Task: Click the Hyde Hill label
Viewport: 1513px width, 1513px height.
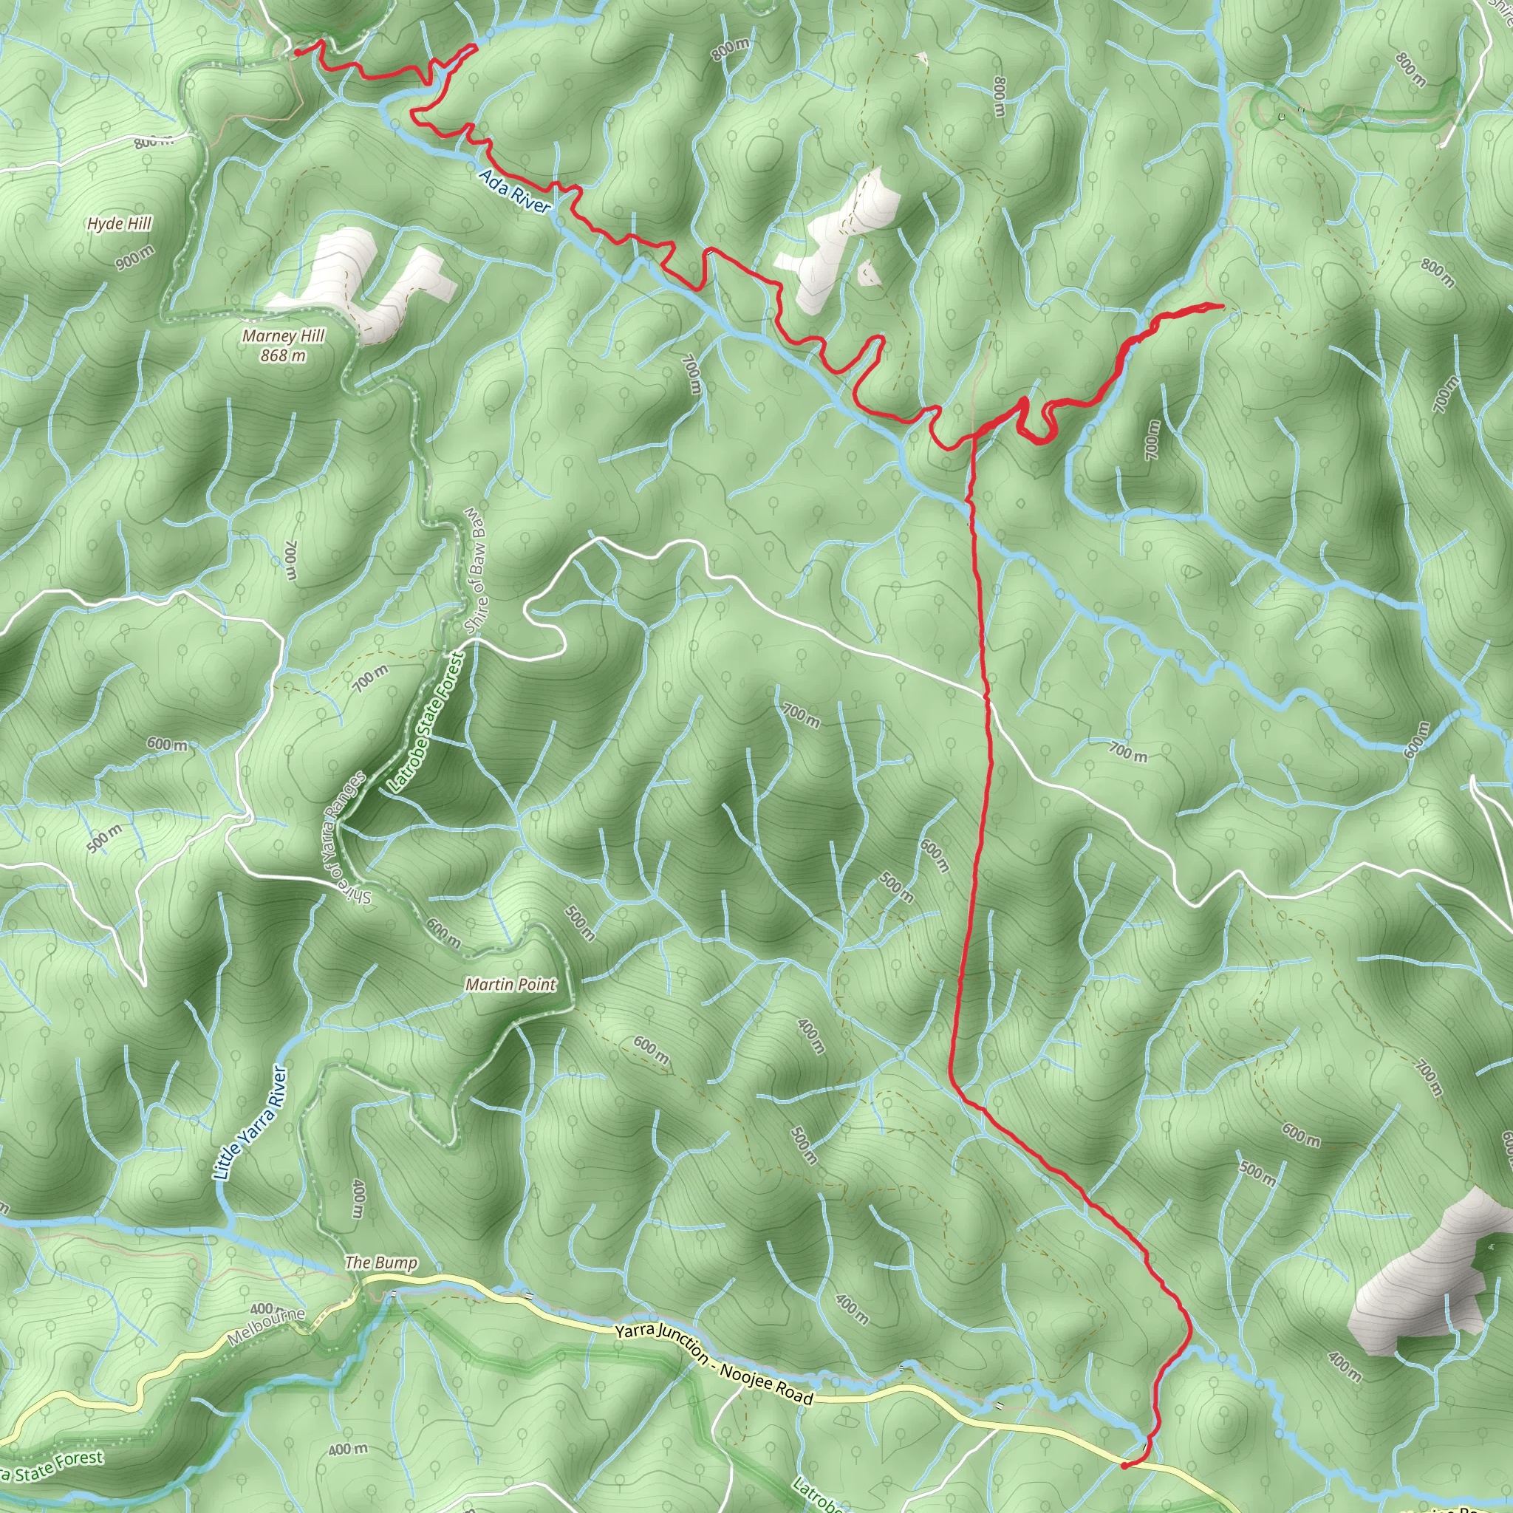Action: coord(119,224)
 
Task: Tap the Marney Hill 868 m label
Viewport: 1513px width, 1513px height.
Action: coord(283,345)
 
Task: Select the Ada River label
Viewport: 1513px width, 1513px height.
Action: coord(514,191)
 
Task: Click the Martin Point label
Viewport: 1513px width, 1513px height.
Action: coord(510,984)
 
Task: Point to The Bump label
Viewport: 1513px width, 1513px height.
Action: coord(380,1263)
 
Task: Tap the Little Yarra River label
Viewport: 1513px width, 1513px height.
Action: coord(250,1121)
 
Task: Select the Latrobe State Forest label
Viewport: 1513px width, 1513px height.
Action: coord(426,722)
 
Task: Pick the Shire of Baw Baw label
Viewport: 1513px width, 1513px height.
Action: coord(477,570)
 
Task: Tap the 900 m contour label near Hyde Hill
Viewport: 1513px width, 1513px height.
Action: coord(134,258)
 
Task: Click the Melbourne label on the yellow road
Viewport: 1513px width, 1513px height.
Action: coord(266,1327)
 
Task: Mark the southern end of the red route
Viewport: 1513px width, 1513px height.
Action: coord(1124,1464)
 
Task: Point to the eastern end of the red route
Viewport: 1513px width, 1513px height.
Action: coord(1223,305)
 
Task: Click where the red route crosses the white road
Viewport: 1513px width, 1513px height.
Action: coord(986,694)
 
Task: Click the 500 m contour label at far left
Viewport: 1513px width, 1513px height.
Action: coord(103,839)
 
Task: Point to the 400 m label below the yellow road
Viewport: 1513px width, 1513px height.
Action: coord(347,1449)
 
